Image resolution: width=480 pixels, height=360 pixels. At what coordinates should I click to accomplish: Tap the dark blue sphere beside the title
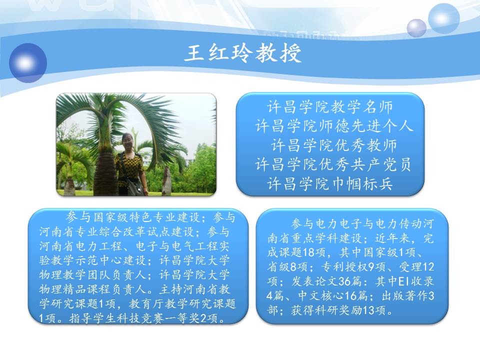coord(28,63)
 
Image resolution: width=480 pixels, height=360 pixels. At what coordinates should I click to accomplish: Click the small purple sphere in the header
coord(416,28)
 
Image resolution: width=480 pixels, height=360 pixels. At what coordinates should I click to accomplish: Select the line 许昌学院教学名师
coord(330,107)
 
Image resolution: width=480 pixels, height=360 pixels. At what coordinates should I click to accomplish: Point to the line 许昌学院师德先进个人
coord(334,126)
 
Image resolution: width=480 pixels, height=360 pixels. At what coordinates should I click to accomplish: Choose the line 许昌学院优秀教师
coord(334,145)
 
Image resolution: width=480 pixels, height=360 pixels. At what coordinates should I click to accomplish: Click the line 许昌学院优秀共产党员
coord(333,164)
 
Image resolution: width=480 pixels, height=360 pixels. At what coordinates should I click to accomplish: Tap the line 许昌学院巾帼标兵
coord(330,183)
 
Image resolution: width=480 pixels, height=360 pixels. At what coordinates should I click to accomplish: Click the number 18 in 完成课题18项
coord(309,252)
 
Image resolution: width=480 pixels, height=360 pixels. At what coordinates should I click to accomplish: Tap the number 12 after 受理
coord(428,266)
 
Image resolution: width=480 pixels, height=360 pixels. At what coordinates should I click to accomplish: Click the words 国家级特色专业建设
coord(147,217)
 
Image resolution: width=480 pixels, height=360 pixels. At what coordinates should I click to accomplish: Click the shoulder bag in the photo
coord(134,185)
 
